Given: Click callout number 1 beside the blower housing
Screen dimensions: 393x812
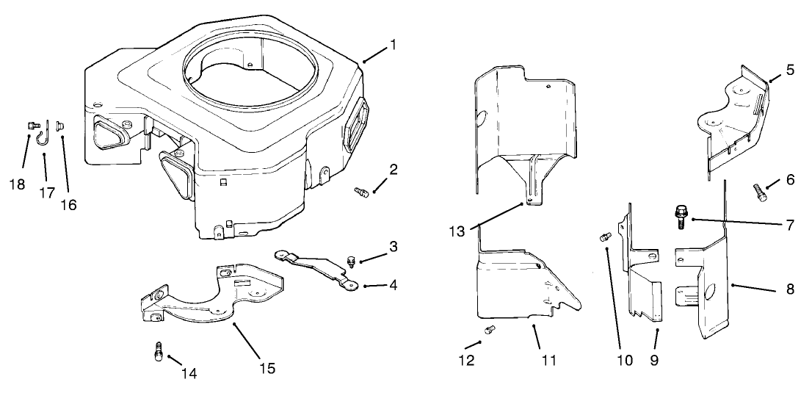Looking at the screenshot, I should (x=393, y=45).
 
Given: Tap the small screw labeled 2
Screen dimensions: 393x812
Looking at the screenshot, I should (x=360, y=192).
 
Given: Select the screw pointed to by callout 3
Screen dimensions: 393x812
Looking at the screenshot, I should (x=350, y=259).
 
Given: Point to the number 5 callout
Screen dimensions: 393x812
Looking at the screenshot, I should (x=789, y=70).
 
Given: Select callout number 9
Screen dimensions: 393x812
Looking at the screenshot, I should (x=654, y=360).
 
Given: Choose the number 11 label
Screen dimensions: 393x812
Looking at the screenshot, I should (x=548, y=360).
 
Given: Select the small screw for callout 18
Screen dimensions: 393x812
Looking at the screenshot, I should (x=32, y=126).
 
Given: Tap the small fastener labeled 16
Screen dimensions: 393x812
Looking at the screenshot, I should (x=61, y=126).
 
